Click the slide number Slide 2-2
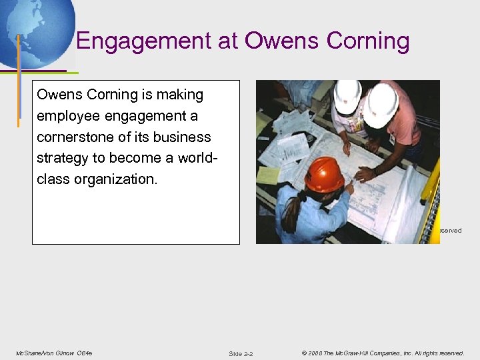241,353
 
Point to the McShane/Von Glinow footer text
53,353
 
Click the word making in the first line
180,95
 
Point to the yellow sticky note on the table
268,175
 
